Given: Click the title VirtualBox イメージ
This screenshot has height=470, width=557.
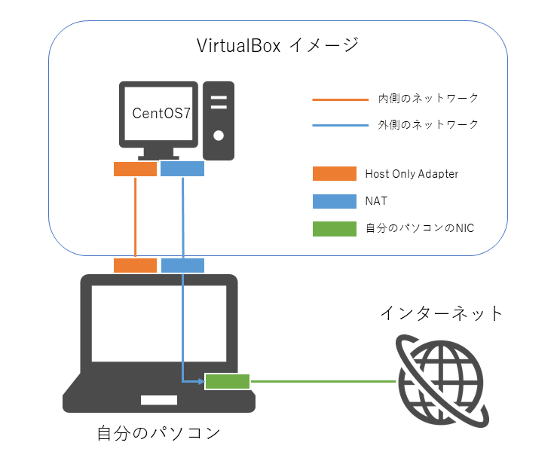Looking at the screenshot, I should pyautogui.click(x=277, y=46).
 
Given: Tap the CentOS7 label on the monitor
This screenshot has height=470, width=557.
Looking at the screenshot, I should pyautogui.click(x=161, y=114).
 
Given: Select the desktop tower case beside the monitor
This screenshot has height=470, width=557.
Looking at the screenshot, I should pyautogui.click(x=219, y=121).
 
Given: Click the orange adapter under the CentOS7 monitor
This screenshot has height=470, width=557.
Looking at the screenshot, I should pyautogui.click(x=135, y=169).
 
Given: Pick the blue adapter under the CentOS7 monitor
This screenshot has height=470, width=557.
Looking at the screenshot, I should pyautogui.click(x=182, y=169).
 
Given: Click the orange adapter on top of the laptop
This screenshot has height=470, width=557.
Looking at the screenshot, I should pyautogui.click(x=135, y=265).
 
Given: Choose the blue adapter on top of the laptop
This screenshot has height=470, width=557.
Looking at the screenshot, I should pyautogui.click(x=182, y=265).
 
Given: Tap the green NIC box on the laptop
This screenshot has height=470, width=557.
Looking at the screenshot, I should pyautogui.click(x=228, y=382).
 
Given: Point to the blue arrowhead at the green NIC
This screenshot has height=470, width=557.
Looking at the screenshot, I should pyautogui.click(x=201, y=382).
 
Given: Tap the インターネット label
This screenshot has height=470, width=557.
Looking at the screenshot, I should pyautogui.click(x=441, y=313).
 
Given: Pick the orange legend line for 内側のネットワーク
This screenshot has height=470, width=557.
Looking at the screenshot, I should pyautogui.click(x=334, y=99).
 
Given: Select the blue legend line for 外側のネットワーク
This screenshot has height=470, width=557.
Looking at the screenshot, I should pyautogui.click(x=334, y=125).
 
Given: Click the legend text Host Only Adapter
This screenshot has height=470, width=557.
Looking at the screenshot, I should pyautogui.click(x=412, y=174).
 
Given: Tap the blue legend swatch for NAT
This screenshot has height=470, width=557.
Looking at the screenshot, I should pyautogui.click(x=334, y=202).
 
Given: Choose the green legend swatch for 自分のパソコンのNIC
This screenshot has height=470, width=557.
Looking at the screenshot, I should pyautogui.click(x=334, y=229).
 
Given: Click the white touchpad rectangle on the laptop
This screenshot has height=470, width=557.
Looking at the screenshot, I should pyautogui.click(x=158, y=398).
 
